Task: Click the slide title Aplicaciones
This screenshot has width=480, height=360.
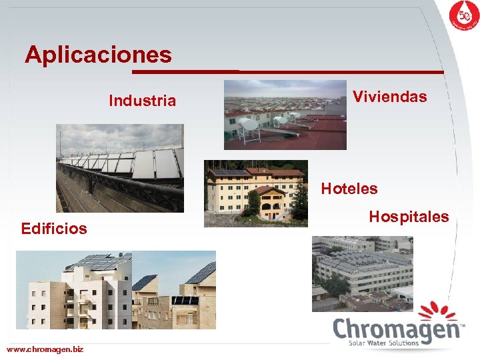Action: [98, 54]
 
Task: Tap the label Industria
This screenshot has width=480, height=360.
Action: [142, 101]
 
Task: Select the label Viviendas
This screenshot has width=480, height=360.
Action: [389, 97]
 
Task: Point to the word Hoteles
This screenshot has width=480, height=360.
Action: [349, 189]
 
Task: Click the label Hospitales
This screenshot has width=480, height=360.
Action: [409, 217]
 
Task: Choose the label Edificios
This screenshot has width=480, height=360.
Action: [54, 229]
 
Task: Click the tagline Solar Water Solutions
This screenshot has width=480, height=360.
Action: [383, 343]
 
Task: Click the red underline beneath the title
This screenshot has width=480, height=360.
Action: [287, 71]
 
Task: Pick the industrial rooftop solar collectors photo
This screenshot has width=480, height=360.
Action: [120, 168]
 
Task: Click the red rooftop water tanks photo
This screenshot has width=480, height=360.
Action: [285, 115]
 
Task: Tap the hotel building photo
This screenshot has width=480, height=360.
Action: [256, 193]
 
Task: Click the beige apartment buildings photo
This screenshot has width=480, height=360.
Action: [116, 290]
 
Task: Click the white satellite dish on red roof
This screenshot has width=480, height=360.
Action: [249, 125]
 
